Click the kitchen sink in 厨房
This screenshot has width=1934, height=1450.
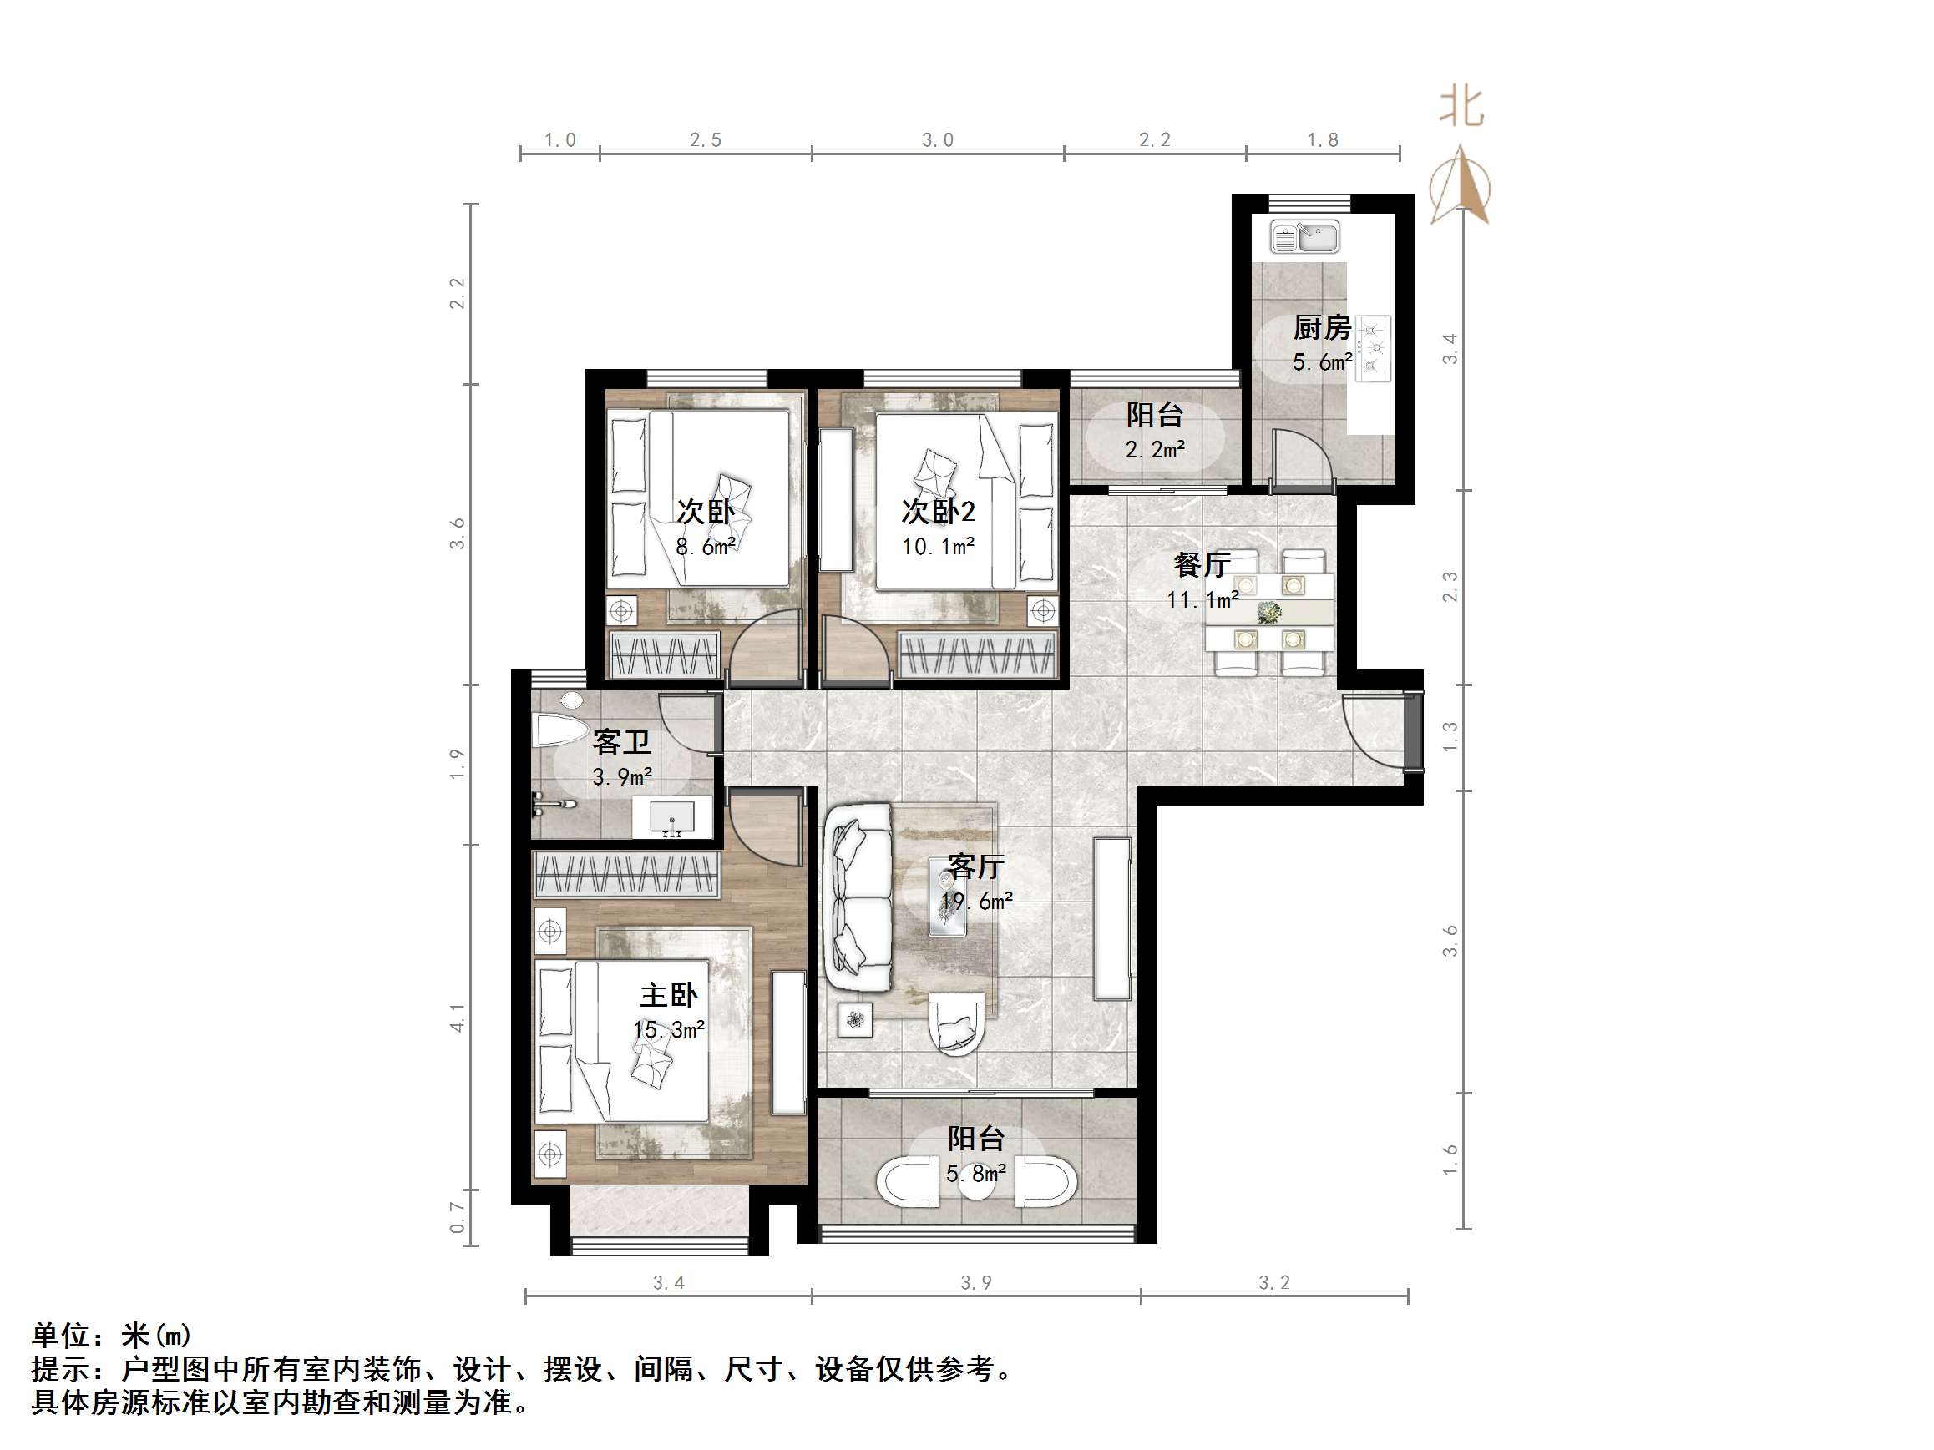(x=1304, y=237)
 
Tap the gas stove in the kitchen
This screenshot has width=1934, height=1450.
(x=1373, y=349)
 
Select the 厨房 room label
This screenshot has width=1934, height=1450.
(x=1322, y=328)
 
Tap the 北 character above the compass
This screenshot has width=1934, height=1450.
(x=1461, y=107)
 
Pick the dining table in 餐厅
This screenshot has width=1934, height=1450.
(x=1269, y=611)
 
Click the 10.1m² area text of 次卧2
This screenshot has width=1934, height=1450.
(x=938, y=547)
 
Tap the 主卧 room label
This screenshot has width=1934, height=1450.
(x=669, y=995)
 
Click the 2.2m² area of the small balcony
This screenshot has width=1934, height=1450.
(x=1154, y=450)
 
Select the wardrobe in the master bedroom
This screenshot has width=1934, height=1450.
(x=626, y=875)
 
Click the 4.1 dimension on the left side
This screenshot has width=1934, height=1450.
(x=458, y=1018)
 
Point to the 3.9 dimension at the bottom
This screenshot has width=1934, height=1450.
(x=975, y=1282)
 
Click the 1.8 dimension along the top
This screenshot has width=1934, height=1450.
(x=1322, y=140)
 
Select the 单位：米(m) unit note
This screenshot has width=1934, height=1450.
(x=111, y=1336)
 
